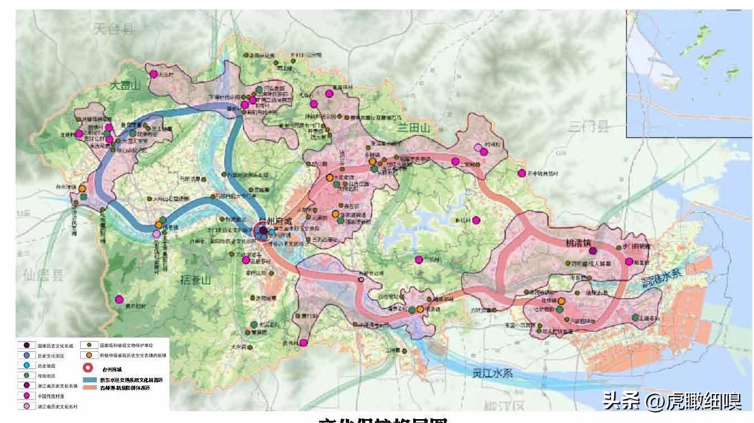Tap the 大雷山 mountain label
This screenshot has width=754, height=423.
[x=126, y=85]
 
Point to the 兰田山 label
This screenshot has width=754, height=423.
[x=414, y=129]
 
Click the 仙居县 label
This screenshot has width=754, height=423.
[x=43, y=274]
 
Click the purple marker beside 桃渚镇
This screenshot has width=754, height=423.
[x=593, y=251]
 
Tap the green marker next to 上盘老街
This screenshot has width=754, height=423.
[x=635, y=317]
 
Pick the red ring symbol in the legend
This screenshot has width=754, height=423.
[x=87, y=368]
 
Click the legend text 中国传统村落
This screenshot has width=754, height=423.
[x=50, y=396]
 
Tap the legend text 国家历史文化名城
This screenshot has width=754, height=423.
[x=55, y=346]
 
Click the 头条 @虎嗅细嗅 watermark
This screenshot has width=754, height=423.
[x=672, y=400]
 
